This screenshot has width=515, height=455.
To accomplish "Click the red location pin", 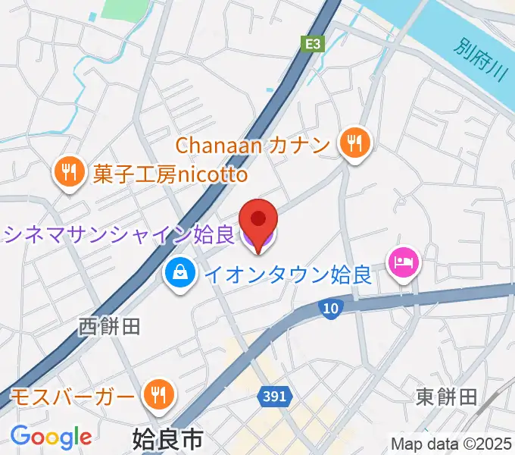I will (258, 220).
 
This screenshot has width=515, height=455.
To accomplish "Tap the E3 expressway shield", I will (312, 45).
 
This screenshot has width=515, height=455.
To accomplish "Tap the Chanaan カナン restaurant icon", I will (353, 143).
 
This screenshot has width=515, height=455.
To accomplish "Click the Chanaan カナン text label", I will (254, 144).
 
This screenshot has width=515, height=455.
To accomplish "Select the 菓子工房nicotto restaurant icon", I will (69, 173).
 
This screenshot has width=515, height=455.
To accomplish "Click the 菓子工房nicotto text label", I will (170, 174).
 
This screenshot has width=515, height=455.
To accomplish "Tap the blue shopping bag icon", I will (179, 271).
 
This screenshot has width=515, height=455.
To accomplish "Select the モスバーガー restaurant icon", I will (158, 394).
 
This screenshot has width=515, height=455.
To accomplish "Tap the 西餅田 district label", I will (110, 327).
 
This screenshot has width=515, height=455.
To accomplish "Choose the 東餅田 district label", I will (446, 396).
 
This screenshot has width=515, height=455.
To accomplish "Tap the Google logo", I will (51, 437).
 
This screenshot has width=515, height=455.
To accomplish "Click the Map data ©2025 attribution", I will (451, 444).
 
